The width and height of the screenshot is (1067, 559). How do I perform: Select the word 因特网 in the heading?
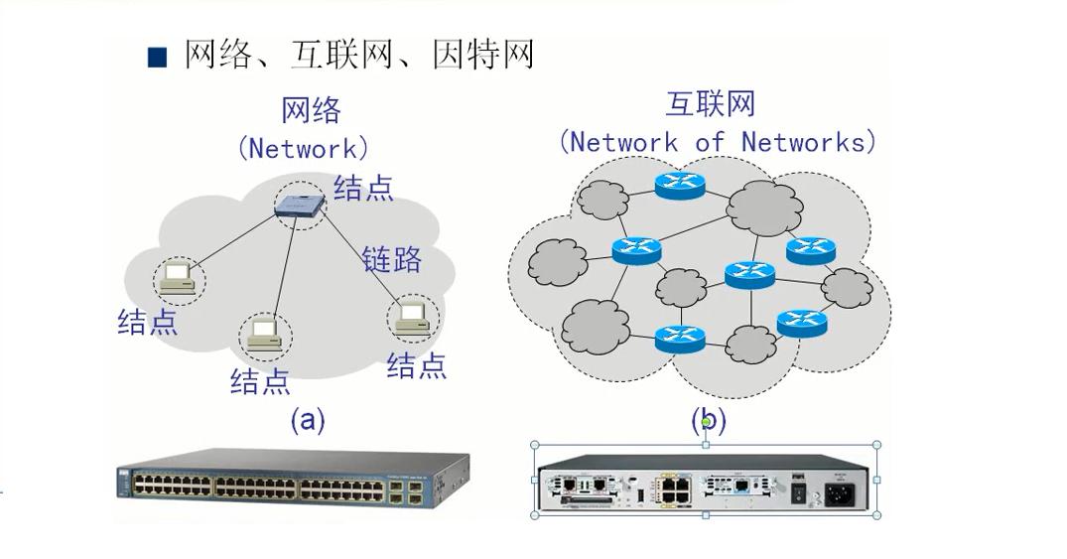coord(483,55)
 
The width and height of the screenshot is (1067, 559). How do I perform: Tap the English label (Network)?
coord(303,149)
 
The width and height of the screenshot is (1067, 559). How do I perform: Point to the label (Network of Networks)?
coord(718,141)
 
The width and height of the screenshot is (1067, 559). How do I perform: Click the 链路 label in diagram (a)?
coord(391,259)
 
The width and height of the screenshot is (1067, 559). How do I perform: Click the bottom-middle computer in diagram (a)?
coord(264,335)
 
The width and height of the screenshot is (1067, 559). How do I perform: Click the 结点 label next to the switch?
coord(363,187)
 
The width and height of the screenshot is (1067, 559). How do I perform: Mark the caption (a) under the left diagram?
coord(308,420)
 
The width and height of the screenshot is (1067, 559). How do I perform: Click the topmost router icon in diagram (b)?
coord(678,185)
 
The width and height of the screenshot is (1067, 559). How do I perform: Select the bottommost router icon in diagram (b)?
coord(679,340)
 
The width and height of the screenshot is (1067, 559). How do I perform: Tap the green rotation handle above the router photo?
coord(706,422)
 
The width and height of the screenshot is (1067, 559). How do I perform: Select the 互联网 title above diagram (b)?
coord(711,104)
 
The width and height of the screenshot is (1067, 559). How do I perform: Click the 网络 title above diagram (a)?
coord(311,110)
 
